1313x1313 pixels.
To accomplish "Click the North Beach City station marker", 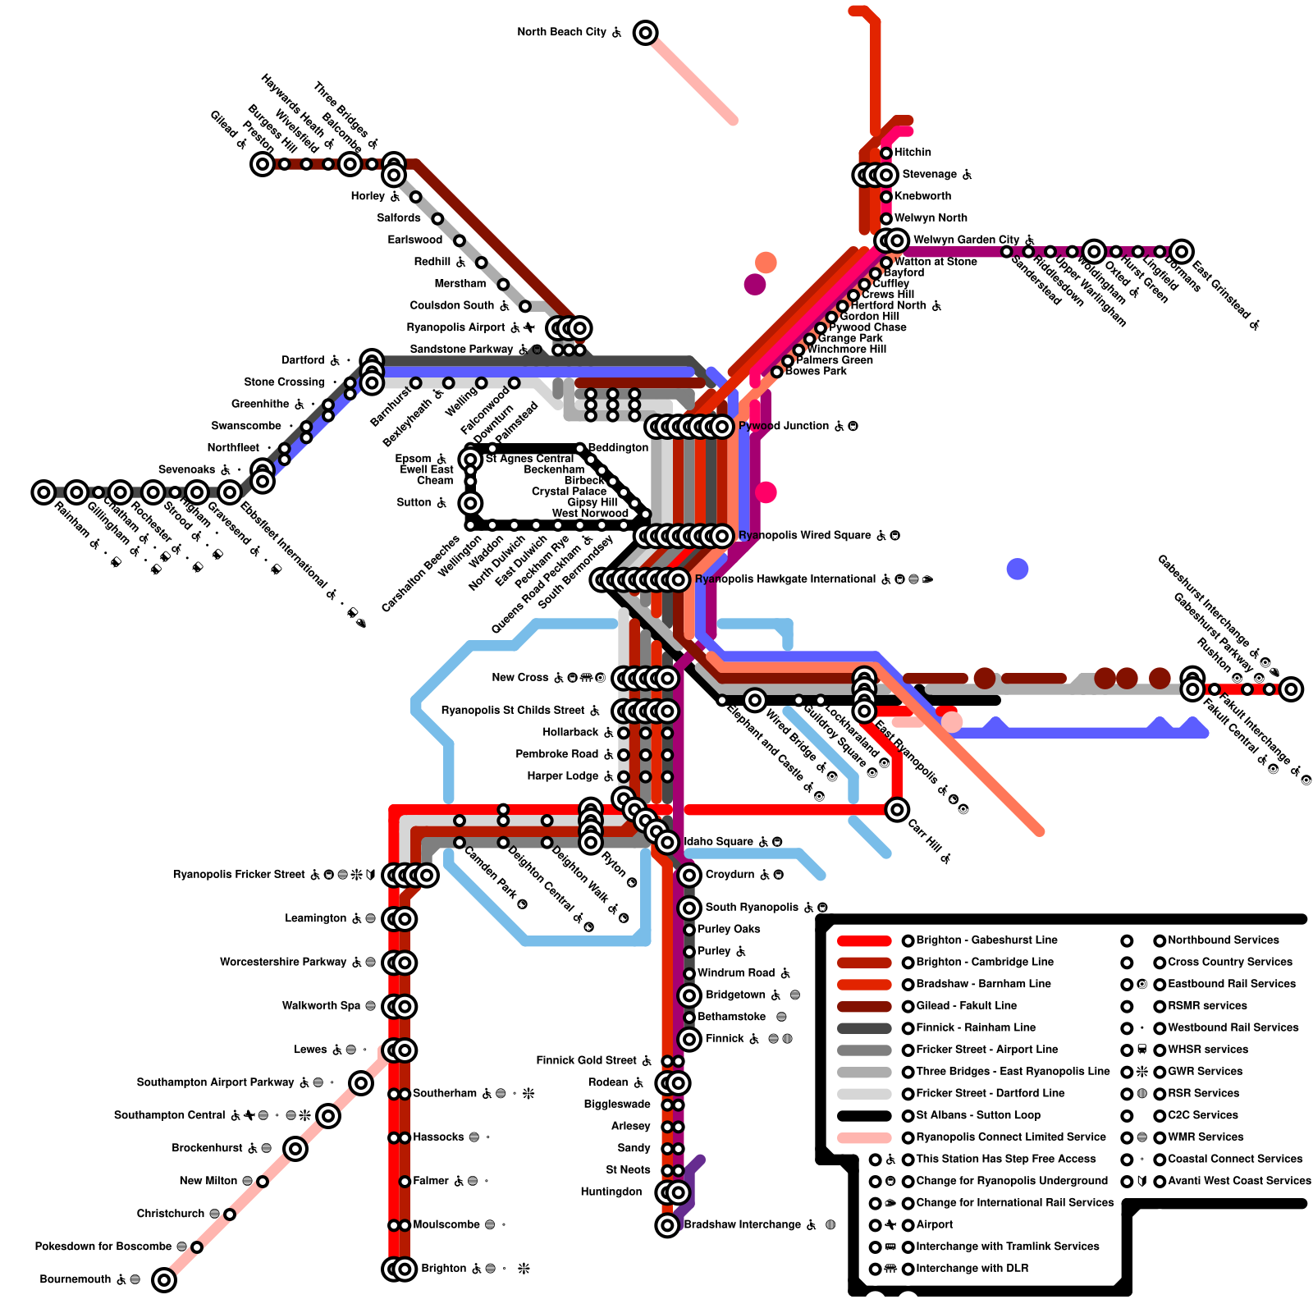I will coord(646,33).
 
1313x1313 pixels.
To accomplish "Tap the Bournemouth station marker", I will coord(164,1279).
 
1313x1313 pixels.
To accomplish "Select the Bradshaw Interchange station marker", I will coord(667,1225).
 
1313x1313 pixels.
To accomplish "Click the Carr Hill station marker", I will coord(897,810).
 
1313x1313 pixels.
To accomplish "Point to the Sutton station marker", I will coord(470,503).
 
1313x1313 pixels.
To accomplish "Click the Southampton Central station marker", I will coord(328,1115).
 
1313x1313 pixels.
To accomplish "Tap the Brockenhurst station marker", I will coord(295,1148).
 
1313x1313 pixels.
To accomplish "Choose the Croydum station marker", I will coord(689,875).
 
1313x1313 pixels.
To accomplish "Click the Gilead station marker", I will coord(263,164).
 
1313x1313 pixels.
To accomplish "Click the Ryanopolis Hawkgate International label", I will coord(785,579).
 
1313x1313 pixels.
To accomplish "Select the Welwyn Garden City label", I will coord(966,240).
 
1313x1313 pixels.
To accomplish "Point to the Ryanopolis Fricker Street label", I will coord(239,875).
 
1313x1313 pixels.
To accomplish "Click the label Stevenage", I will coord(929,175).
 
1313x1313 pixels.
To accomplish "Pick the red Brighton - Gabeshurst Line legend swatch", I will coord(864,940).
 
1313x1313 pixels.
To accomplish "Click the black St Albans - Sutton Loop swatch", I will coord(864,1115).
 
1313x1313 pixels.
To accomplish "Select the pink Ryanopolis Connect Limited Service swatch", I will coord(864,1137).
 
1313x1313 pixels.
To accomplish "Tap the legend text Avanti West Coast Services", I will coord(1239,1181).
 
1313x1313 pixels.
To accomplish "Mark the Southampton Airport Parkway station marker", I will coord(361,1082).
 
